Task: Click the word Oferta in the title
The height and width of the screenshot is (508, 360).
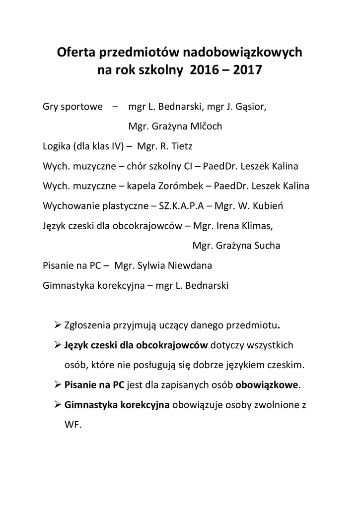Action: pos(78,52)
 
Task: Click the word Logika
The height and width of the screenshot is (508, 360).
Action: pos(57,146)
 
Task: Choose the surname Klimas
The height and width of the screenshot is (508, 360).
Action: pos(255,226)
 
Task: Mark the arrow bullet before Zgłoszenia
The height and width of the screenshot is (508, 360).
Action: pos(57,325)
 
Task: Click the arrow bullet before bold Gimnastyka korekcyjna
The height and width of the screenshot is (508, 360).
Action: pos(57,404)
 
